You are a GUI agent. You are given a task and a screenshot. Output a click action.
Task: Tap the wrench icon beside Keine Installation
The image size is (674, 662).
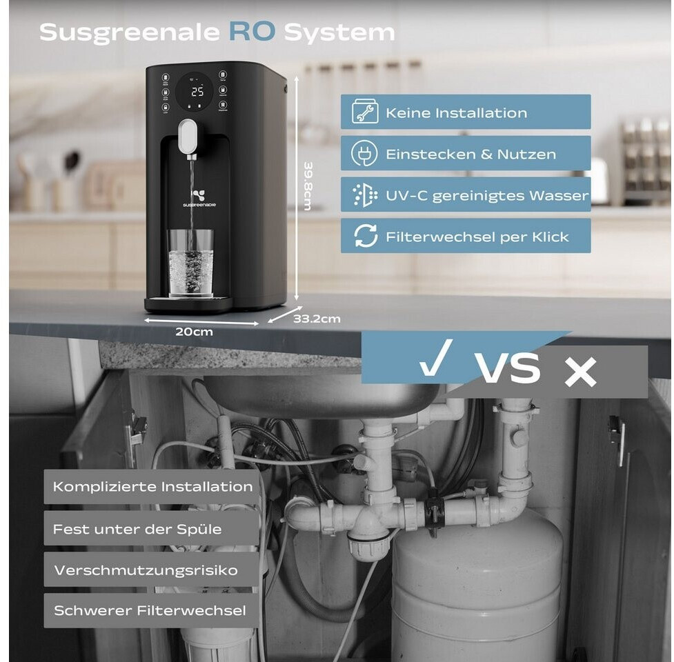click(364, 112)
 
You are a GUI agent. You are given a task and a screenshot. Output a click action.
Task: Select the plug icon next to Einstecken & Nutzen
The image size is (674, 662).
click(364, 154)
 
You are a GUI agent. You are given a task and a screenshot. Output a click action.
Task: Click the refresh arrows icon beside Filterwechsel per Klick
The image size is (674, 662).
click(365, 237)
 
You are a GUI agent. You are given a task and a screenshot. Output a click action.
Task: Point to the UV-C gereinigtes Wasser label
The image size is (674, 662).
click(487, 195)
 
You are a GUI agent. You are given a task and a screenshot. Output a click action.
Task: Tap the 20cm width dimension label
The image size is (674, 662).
click(194, 332)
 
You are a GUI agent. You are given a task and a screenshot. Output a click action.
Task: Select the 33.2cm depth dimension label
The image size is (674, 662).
click(317, 319)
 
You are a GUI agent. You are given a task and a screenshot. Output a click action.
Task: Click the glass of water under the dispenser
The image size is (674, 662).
click(190, 263)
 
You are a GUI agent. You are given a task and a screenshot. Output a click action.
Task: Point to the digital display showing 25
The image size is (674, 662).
click(197, 92)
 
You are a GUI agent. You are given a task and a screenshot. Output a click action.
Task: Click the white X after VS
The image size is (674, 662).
click(579, 372)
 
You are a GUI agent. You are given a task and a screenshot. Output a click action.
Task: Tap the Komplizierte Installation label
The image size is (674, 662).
click(153, 487)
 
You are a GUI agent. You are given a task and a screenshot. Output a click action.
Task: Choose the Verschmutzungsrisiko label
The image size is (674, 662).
click(146, 570)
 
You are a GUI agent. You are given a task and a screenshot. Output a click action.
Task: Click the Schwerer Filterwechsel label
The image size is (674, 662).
click(150, 611)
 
